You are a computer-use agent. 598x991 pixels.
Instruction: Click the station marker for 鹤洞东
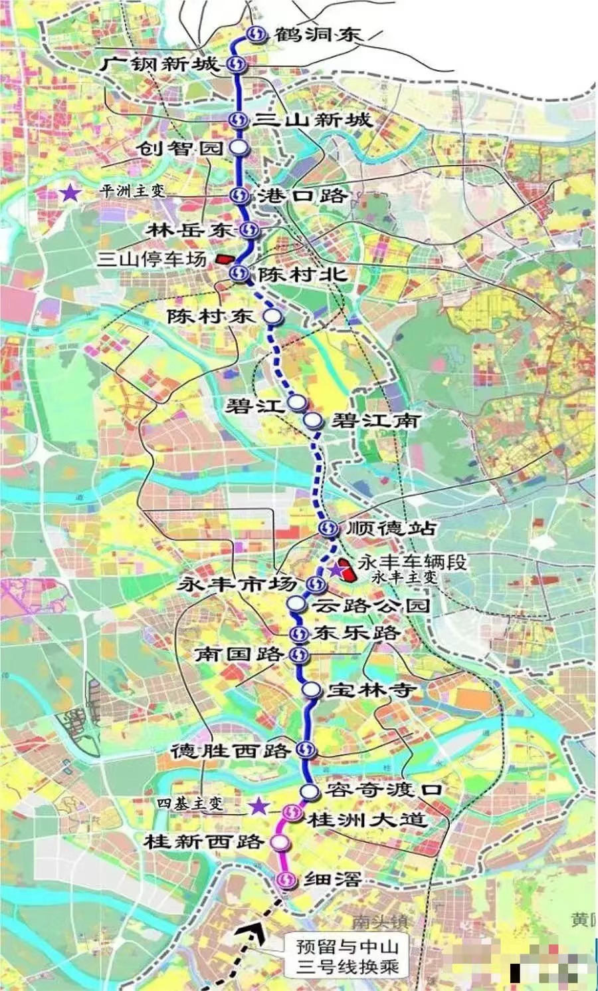pos(254,35)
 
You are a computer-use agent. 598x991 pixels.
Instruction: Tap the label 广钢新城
pos(160,65)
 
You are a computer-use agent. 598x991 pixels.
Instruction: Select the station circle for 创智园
pos(238,148)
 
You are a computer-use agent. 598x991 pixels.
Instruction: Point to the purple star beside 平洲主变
pos(70,194)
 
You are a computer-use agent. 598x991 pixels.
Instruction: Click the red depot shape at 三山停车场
pos(224,260)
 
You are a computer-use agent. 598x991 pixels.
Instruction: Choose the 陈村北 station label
pos(302,273)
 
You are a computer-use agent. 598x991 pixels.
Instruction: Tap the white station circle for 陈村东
pos(272,317)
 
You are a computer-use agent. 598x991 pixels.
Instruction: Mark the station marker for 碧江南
pos(312,420)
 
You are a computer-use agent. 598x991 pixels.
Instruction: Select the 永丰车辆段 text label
pos(412,562)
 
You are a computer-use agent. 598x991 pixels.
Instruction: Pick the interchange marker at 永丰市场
pos(316,585)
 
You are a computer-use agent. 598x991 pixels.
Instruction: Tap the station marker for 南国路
pos(300,655)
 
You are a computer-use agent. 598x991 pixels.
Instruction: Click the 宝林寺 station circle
pos(310,690)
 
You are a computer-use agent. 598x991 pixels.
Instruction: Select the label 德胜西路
pos(230,751)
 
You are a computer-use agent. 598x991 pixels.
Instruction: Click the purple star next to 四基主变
pos(258,807)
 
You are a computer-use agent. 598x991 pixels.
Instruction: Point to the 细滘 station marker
pos(286,879)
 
